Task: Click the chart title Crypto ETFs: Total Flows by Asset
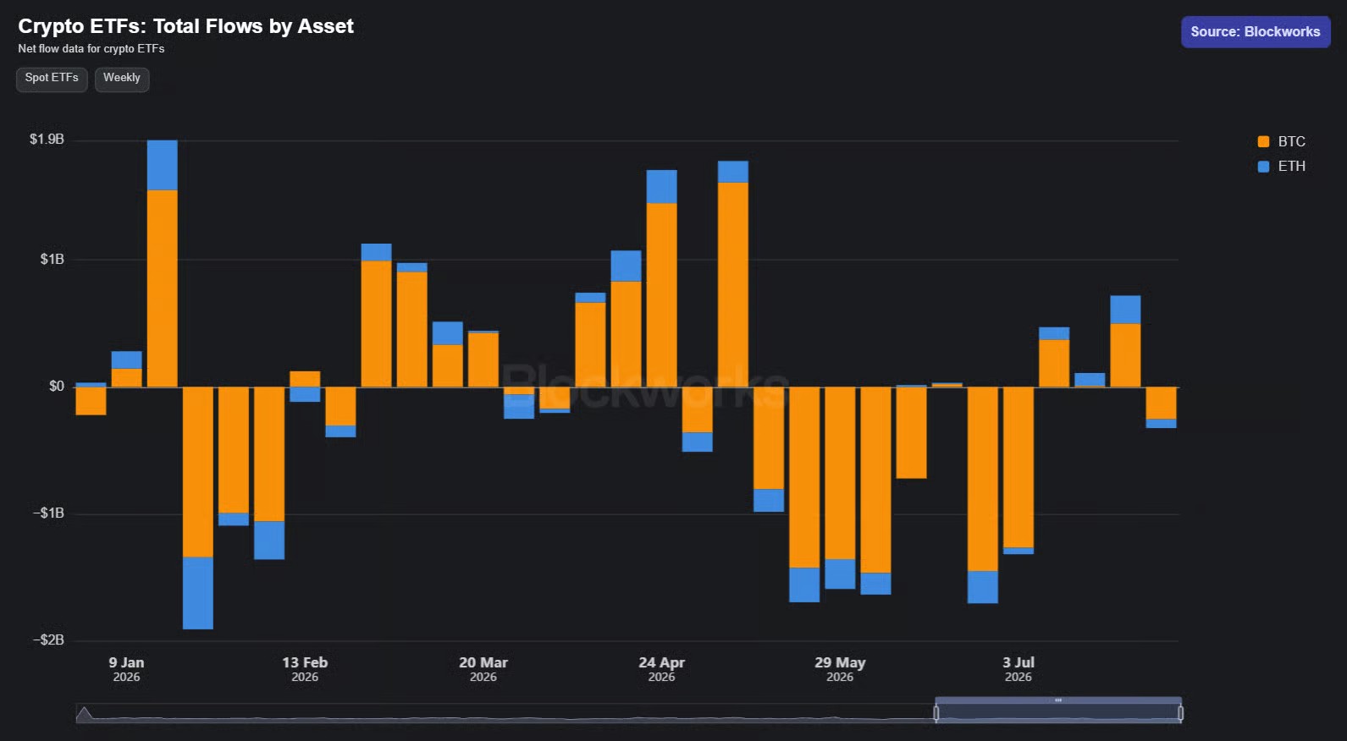[x=185, y=26]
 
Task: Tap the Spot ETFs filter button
[x=52, y=79]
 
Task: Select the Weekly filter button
[x=121, y=79]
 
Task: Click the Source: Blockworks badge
[x=1256, y=32]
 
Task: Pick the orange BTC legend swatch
[x=1263, y=142]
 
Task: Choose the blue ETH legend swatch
[x=1263, y=167]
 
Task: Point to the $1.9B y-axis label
[x=47, y=140]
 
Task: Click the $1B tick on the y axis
[x=52, y=259]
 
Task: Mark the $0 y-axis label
[x=57, y=386]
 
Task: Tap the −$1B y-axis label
[x=48, y=513]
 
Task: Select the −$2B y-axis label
[x=48, y=639]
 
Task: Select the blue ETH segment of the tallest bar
[x=163, y=165]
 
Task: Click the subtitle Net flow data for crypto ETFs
[x=91, y=49]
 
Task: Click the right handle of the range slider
[x=1180, y=713]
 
